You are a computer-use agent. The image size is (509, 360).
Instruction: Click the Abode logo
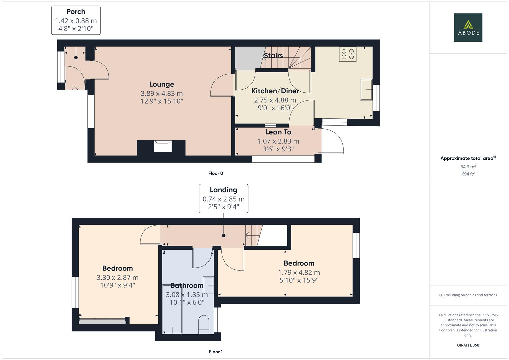tap(468, 27)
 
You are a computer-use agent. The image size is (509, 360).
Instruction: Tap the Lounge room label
tap(162, 84)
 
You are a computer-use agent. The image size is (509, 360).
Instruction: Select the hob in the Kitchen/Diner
tap(348, 54)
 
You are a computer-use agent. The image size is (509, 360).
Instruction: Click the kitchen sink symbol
tap(366, 89)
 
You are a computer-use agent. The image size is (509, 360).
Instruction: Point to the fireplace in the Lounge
tap(163, 146)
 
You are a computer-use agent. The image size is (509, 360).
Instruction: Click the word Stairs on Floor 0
tap(273, 56)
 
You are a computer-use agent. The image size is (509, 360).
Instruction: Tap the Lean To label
tap(278, 132)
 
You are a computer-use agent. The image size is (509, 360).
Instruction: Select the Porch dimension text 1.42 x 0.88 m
tap(76, 21)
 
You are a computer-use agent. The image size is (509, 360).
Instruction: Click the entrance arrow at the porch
tap(75, 89)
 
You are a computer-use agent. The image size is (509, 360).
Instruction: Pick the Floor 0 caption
tap(216, 173)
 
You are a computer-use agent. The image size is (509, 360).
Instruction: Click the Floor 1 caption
tap(216, 352)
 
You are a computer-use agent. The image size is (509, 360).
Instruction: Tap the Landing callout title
tap(223, 190)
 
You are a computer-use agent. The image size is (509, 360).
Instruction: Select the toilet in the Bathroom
tap(203, 324)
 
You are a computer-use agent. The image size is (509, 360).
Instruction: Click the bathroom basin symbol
tap(209, 285)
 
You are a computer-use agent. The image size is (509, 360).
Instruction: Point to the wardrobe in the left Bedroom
tap(102, 321)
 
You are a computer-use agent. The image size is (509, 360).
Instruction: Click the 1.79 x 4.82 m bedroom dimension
tap(299, 273)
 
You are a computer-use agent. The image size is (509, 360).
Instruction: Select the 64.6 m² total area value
tap(468, 167)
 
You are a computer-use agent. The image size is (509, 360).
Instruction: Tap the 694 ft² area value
tap(468, 174)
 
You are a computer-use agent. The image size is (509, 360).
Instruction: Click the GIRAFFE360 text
tap(468, 345)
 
